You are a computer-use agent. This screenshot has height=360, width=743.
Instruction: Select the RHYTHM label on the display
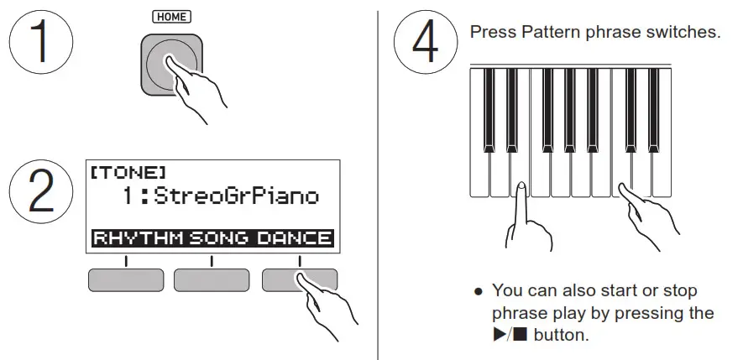pyautogui.click(x=139, y=238)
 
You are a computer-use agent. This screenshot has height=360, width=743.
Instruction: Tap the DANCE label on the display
pyautogui.click(x=295, y=238)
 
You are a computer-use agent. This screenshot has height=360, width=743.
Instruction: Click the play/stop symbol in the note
pyautogui.click(x=510, y=335)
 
